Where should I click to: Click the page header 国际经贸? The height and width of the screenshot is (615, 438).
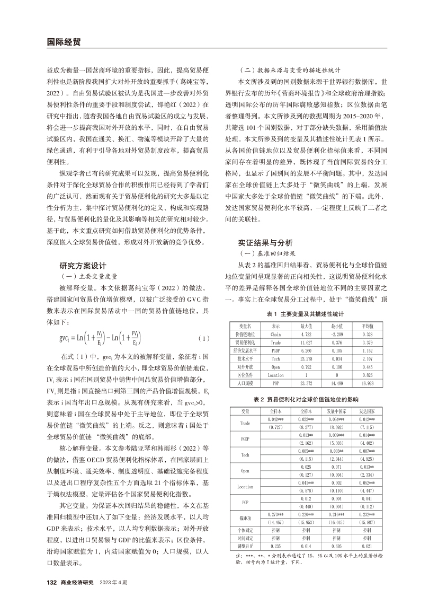pos(62,42)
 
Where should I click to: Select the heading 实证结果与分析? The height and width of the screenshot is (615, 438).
pos(265,243)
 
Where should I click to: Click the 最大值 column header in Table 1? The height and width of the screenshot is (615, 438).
pos(306,326)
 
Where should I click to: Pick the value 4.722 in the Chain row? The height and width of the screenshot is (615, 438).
pos(306,335)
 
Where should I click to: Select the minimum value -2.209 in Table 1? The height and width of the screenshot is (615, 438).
pos(337,335)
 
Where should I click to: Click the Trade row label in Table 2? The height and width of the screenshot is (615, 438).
pos(245,423)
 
